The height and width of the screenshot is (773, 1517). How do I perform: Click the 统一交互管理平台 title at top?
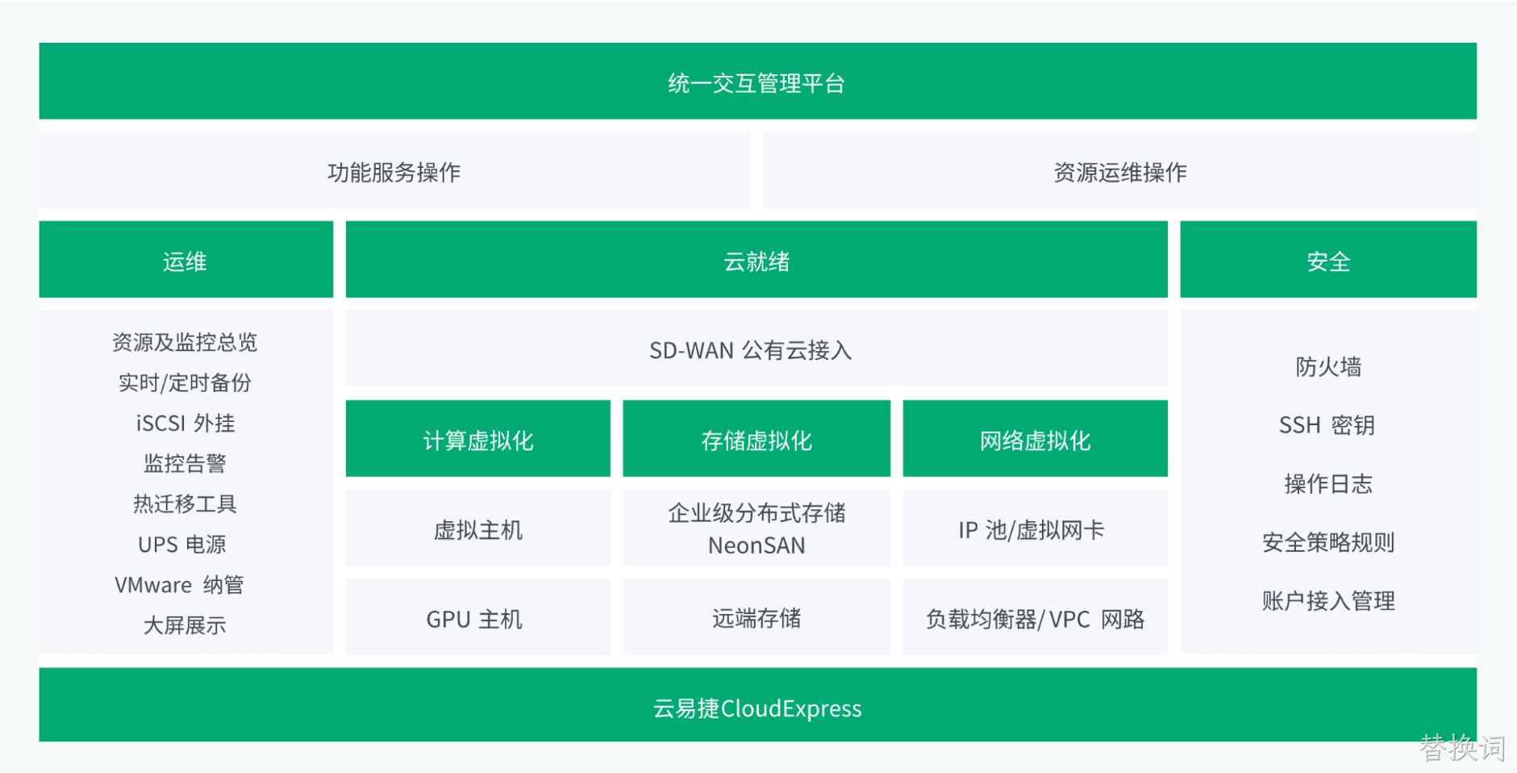(x=756, y=83)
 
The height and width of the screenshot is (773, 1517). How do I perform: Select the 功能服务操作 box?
(x=394, y=170)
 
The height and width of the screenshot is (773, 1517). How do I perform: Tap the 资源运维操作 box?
(x=1119, y=170)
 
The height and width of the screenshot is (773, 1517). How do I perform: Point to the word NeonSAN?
(x=756, y=546)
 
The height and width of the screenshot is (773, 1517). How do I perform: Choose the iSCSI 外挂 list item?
(x=185, y=423)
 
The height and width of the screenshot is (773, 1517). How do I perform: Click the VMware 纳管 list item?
(x=179, y=584)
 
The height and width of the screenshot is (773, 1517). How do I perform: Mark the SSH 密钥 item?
(x=1327, y=425)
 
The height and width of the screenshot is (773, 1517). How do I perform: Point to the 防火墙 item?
(x=1328, y=367)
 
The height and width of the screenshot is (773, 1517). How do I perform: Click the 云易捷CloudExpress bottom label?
(x=757, y=708)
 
